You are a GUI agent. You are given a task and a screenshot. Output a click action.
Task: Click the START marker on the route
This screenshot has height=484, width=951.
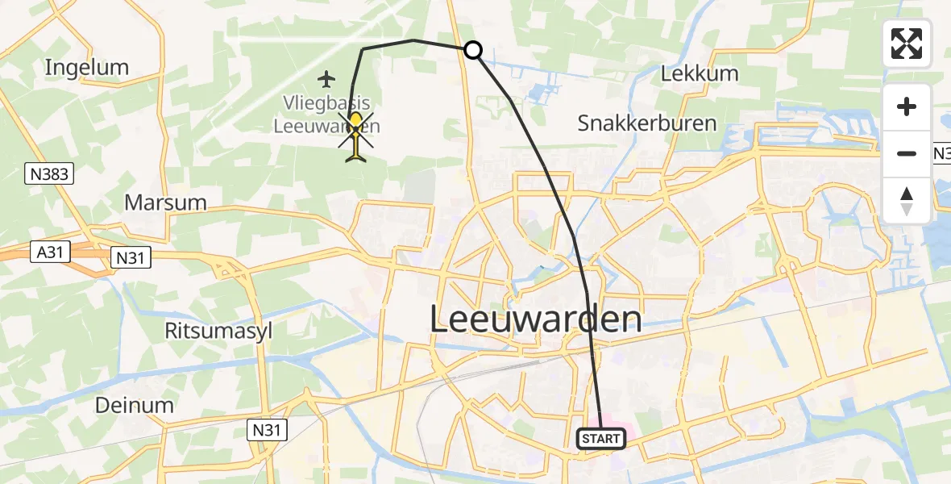pos(601,439)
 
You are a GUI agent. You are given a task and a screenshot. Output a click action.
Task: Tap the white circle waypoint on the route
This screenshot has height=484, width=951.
pos(473,50)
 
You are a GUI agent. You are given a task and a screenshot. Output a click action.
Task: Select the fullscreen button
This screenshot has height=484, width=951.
pos(907,44)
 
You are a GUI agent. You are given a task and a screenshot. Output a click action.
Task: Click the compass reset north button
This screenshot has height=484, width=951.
pos(907,201)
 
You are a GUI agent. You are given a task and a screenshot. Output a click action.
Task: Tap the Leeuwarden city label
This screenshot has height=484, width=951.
pos(536,319)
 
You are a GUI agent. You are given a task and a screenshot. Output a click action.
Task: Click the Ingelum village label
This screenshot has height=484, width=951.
pos(87,67)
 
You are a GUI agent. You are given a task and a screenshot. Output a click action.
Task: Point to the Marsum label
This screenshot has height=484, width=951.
pos(165,202)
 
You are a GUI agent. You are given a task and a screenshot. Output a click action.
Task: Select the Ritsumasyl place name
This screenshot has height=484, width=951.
pos(218,331)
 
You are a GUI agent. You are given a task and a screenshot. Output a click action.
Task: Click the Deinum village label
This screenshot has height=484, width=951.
pos(135,405)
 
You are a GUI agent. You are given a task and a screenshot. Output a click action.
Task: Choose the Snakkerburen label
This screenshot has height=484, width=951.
pos(647,123)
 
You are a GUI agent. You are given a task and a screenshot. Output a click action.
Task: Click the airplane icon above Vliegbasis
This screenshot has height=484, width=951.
pos(326,79)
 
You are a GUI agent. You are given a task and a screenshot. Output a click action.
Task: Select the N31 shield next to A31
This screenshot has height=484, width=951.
pos(129,257)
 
